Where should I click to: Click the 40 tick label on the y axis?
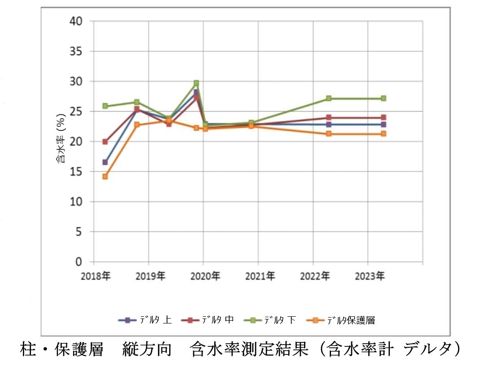coord(76,21)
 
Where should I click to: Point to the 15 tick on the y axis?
coord(76,171)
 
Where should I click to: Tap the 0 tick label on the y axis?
coord(79,262)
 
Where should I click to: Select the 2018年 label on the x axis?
coord(95,276)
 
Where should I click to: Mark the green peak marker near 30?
coord(196,83)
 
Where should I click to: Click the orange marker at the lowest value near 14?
coord(105,176)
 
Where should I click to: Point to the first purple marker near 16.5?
coord(105,162)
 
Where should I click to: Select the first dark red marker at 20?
coord(105,142)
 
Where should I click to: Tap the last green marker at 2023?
coord(384,98)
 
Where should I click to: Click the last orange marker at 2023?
coord(384,134)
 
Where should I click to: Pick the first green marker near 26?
coord(105,106)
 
